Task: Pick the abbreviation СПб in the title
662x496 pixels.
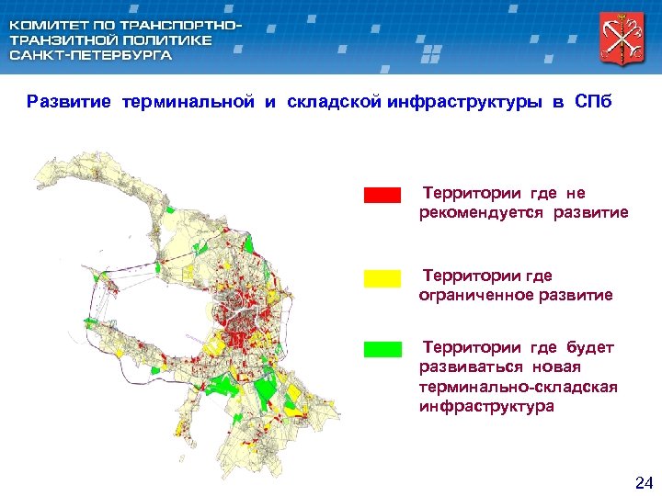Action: [593, 102]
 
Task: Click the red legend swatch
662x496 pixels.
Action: [382, 195]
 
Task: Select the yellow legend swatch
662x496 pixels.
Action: [382, 278]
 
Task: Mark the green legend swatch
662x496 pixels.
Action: [382, 349]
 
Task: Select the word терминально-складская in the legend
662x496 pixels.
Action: [518, 387]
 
